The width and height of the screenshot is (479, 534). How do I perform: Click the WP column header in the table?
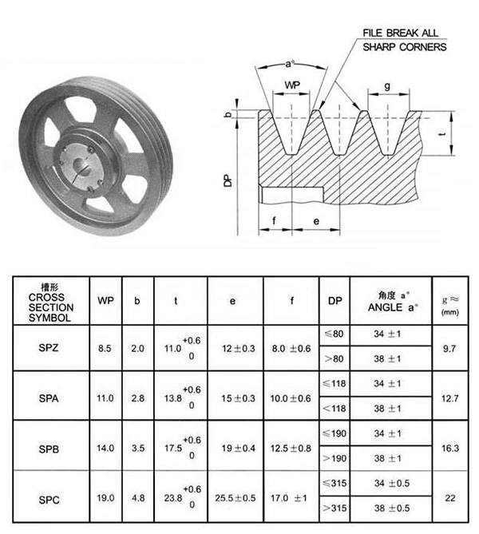(x=104, y=301)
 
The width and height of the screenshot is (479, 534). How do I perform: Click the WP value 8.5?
(x=104, y=347)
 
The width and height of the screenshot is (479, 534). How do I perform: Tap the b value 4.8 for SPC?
(x=137, y=497)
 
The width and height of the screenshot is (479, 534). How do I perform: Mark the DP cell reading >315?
(x=335, y=509)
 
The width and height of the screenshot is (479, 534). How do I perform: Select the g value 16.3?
(x=450, y=448)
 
